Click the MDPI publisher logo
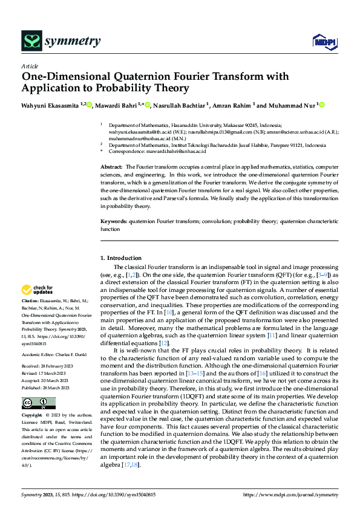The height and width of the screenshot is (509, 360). (323, 41)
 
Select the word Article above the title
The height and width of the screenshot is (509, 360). (30, 66)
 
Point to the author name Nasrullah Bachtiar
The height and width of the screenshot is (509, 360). (181, 105)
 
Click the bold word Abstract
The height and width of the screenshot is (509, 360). (110, 166)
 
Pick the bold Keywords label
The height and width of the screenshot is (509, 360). (113, 222)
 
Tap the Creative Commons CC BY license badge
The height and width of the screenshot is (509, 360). (38, 403)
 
